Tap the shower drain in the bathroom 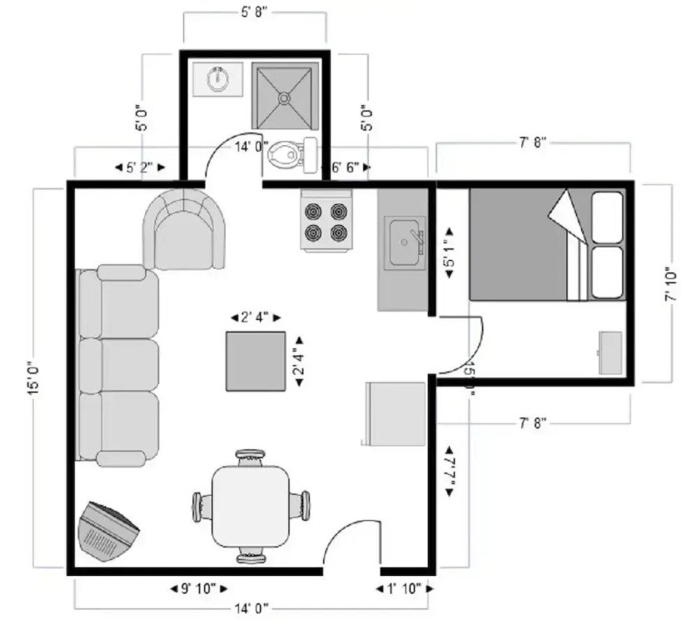285,97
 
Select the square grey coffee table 256,361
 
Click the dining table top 250,505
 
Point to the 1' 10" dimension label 404,588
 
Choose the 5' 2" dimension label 140,167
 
